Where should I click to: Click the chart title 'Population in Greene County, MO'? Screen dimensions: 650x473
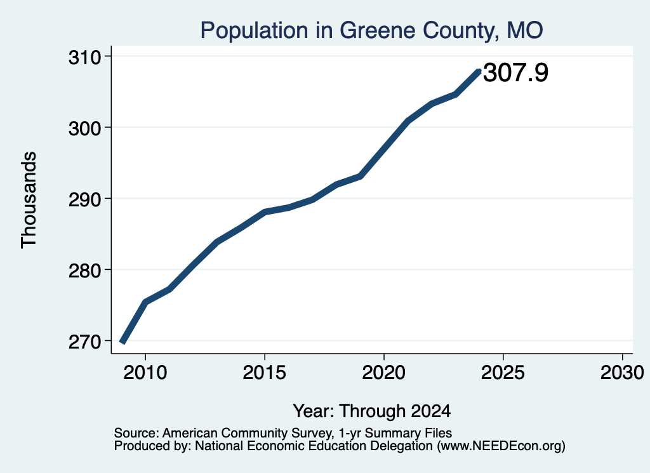(x=371, y=30)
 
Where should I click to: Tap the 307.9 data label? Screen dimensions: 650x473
(x=515, y=72)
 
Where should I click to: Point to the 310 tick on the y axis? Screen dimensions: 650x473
(x=85, y=57)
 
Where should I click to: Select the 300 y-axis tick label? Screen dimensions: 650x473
(x=85, y=128)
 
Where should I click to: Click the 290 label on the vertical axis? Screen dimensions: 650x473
(x=85, y=200)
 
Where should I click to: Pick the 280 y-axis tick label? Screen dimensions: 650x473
(x=85, y=271)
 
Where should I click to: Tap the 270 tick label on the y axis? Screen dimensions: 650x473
(x=85, y=342)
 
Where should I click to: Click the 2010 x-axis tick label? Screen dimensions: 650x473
(x=145, y=372)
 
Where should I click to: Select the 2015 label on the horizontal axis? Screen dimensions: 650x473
(x=265, y=372)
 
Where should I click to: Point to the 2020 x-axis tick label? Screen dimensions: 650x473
(x=384, y=372)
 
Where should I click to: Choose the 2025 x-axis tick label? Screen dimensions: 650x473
(x=503, y=372)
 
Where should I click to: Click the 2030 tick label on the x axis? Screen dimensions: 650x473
(x=622, y=372)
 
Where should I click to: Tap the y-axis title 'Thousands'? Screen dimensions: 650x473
(x=29, y=200)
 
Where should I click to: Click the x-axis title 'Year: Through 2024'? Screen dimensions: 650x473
(x=372, y=411)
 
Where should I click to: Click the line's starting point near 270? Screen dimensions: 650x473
(x=122, y=342)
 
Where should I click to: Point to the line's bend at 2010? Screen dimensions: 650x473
(x=145, y=302)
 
